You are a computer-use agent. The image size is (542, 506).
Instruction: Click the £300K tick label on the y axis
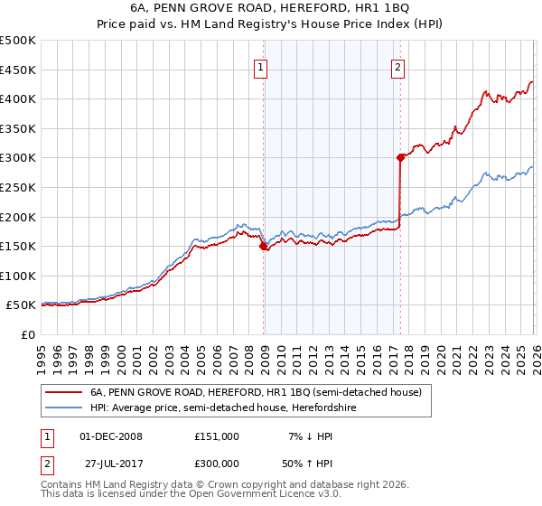pos(18,158)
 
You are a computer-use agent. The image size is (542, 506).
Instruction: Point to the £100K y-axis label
pos(18,276)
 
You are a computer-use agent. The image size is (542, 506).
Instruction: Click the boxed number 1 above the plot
pos(261,66)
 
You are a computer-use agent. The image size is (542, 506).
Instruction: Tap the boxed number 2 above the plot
pos(398,66)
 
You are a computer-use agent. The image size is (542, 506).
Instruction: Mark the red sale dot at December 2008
pos(263,246)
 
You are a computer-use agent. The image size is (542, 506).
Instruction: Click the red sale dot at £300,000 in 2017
pos(400,157)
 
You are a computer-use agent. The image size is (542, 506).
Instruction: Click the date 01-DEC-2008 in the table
pos(111,436)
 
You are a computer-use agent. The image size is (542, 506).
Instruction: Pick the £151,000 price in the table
pos(217,436)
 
